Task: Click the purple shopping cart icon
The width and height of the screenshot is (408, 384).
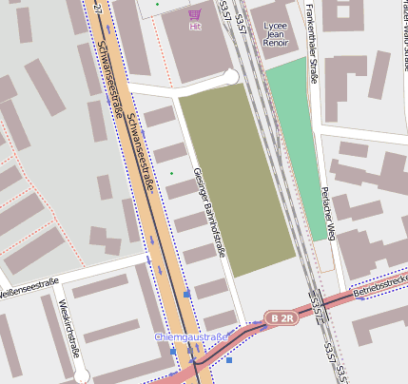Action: click(195, 14)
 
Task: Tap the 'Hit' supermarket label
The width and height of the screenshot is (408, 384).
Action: click(195, 28)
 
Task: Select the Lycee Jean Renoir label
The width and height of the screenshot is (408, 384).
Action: click(275, 34)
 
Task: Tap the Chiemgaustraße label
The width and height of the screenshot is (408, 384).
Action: click(192, 337)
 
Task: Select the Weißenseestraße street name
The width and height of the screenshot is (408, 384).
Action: click(29, 287)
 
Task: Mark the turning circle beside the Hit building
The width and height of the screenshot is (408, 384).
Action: click(230, 77)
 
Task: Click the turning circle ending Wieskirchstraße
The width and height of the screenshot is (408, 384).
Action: click(80, 374)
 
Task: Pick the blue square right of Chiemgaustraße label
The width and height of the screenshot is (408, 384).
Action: click(229, 360)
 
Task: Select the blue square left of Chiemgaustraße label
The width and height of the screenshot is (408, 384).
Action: click(173, 353)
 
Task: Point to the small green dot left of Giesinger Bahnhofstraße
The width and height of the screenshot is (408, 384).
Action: click(171, 174)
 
